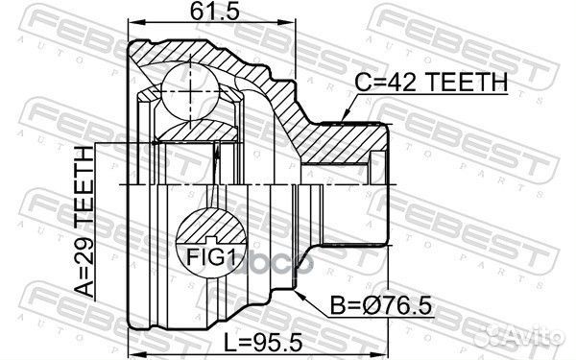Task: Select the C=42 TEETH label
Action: coord(431,84)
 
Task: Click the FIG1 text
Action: coord(211,256)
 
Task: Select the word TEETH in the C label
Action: coord(465,84)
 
